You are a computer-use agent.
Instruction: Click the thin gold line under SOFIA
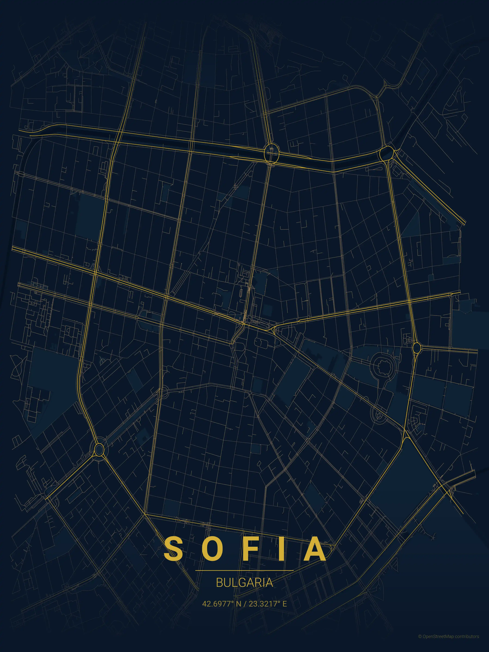click(244, 570)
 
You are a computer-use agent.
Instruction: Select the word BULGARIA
click(244, 583)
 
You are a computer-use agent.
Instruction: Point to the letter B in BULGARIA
click(219, 583)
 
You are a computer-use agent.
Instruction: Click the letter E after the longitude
click(284, 604)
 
